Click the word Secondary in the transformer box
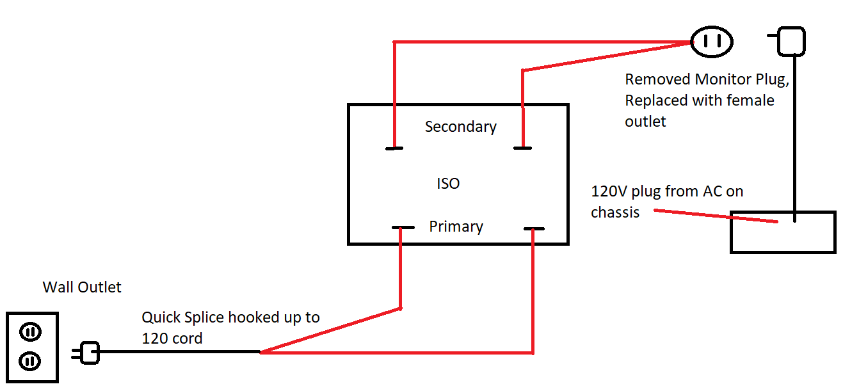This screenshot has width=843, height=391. click(461, 127)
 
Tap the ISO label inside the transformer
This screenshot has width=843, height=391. click(448, 184)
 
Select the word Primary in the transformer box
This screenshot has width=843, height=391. click(456, 227)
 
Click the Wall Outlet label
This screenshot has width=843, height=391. click(82, 287)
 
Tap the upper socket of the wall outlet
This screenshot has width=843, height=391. click(31, 332)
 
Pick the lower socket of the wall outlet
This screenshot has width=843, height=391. click(29, 362)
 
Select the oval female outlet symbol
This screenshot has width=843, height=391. click(711, 42)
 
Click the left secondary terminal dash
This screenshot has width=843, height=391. click(394, 148)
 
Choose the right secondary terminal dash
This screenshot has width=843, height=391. click(523, 148)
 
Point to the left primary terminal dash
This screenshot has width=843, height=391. click(403, 227)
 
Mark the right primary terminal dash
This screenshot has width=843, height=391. click(534, 228)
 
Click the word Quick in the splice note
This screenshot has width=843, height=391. click(161, 317)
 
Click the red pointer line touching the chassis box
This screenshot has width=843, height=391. click(716, 216)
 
